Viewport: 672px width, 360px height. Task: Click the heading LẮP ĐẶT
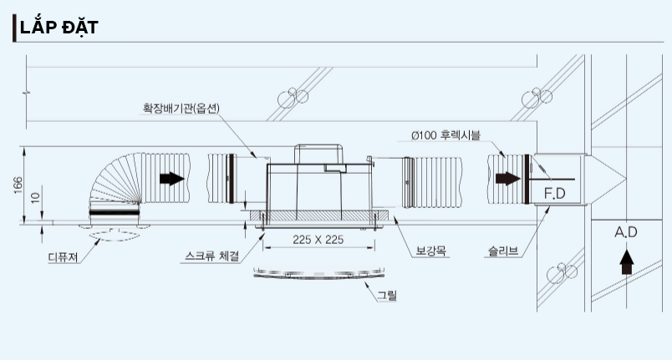(x=59, y=28)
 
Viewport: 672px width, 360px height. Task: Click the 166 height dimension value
(x=18, y=185)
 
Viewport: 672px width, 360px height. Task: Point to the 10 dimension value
(x=36, y=197)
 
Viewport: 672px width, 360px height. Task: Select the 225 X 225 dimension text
(x=318, y=240)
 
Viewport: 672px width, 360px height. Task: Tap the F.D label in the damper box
(x=555, y=194)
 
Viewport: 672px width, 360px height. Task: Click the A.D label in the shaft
(x=626, y=232)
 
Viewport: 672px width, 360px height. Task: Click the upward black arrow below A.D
(x=627, y=262)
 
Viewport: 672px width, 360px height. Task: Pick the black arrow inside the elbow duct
(x=172, y=179)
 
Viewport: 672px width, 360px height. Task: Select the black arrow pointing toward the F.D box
(x=508, y=179)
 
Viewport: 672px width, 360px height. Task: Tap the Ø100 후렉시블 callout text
(x=445, y=135)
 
